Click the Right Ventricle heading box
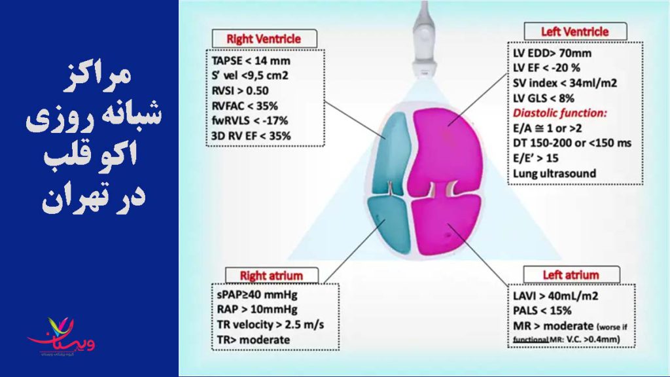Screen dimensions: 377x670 pyautogui.click(x=264, y=39)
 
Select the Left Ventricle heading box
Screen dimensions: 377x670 pyautogui.click(x=574, y=31)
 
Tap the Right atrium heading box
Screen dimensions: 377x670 pyautogui.click(x=272, y=275)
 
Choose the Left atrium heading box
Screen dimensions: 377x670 pyautogui.click(x=571, y=275)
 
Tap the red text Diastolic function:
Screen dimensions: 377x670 pyautogui.click(x=560, y=113)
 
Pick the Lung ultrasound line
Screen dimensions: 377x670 pyautogui.click(x=555, y=173)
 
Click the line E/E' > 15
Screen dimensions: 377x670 pyautogui.click(x=536, y=158)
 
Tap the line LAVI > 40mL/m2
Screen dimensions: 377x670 pyautogui.click(x=557, y=295)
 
